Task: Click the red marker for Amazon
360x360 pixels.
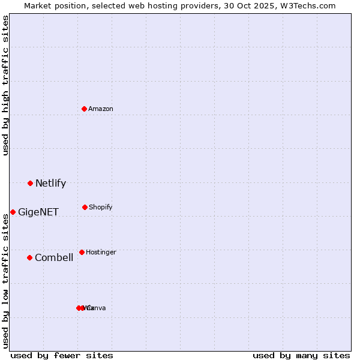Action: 85,109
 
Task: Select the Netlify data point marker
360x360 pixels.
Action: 30,183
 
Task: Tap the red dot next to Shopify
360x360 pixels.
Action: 85,207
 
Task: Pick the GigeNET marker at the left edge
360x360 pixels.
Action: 13,212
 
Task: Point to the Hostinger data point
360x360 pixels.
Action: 82,252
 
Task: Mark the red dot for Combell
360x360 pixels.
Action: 29,257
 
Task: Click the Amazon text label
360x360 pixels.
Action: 101,109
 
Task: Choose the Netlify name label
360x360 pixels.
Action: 50,183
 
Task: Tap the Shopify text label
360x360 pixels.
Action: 101,207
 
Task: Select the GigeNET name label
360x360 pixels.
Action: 38,212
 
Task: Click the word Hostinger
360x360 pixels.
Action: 101,252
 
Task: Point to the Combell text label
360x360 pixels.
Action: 54,257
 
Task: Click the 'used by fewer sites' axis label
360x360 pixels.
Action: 62,355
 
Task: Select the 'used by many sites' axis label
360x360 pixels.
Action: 301,355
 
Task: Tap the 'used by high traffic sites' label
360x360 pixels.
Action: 5,86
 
